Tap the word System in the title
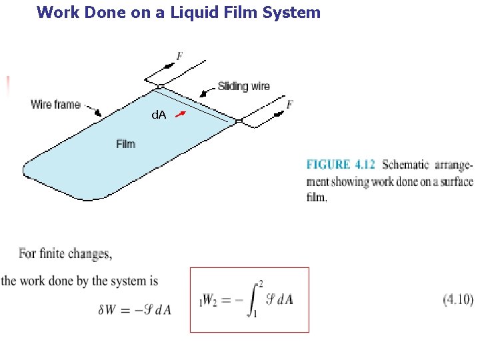291,12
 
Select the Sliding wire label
244,86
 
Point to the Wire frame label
55,104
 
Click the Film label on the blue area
125,143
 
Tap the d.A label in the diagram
159,115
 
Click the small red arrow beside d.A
181,115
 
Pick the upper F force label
179,57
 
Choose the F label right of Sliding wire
290,104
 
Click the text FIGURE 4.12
341,165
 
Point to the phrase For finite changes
65,253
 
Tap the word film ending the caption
317,198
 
